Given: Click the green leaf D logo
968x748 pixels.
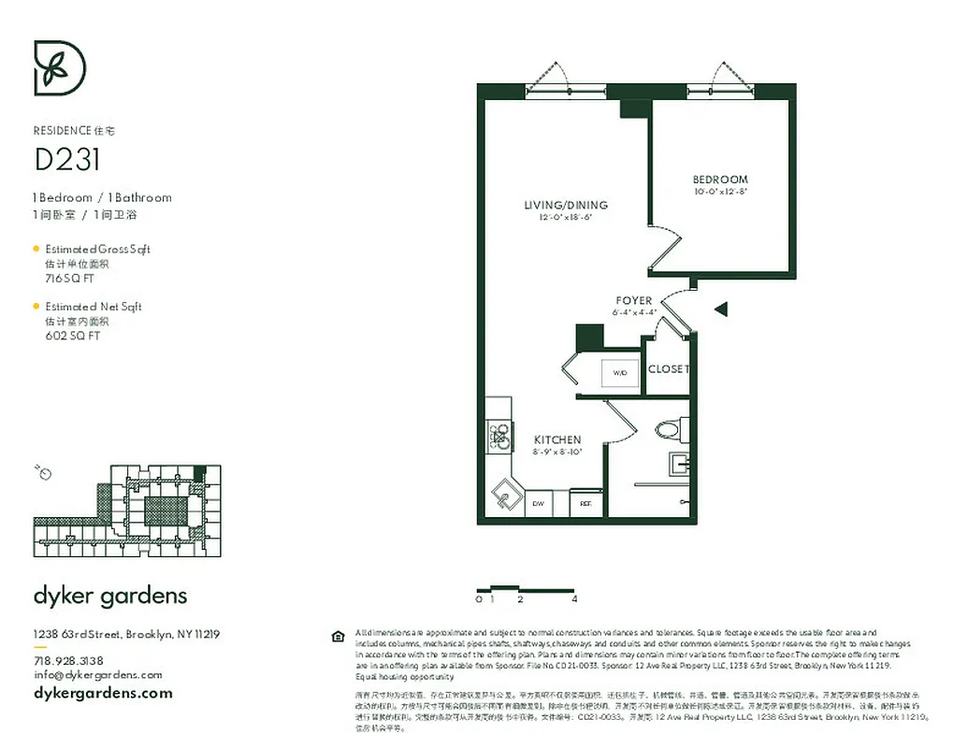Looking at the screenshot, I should (x=60, y=67).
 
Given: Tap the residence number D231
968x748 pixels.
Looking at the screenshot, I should (x=67, y=160).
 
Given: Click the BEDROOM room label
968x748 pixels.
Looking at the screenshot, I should (x=720, y=180).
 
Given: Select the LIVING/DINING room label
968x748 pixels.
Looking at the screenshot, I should (x=566, y=205).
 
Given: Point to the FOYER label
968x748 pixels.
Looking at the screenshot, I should (x=634, y=301).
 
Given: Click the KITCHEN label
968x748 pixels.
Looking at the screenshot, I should (x=557, y=439).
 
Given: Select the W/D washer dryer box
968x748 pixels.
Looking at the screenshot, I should (x=620, y=372).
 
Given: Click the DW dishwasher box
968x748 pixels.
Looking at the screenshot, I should (x=539, y=503).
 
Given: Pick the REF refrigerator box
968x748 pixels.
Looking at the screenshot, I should (x=585, y=503).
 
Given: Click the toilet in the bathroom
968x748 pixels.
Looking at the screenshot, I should (x=669, y=430).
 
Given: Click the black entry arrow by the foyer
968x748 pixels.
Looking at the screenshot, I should (x=720, y=309).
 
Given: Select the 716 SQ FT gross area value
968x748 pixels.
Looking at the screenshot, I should (x=70, y=279).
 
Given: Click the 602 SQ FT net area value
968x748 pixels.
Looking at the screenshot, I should (x=72, y=336).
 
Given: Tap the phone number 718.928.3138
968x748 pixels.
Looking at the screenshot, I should (x=68, y=660).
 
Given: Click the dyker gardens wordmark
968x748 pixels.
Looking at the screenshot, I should (x=110, y=596).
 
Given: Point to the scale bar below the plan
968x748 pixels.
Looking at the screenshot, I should (x=527, y=590).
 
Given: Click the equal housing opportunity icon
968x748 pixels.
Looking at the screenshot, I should (x=339, y=637).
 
